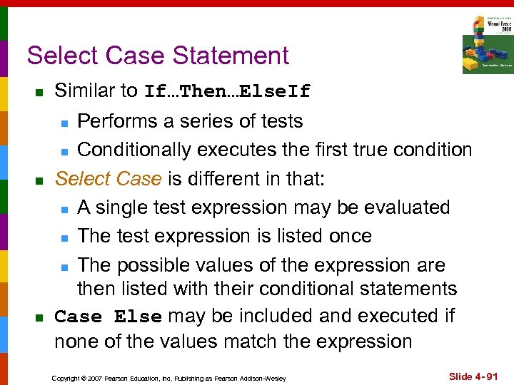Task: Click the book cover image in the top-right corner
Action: tap(487, 43)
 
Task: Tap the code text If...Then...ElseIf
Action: tap(228, 92)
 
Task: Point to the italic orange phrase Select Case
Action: tap(108, 179)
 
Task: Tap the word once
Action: tap(347, 236)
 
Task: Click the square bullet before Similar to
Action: tap(39, 93)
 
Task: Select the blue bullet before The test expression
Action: tap(64, 237)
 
